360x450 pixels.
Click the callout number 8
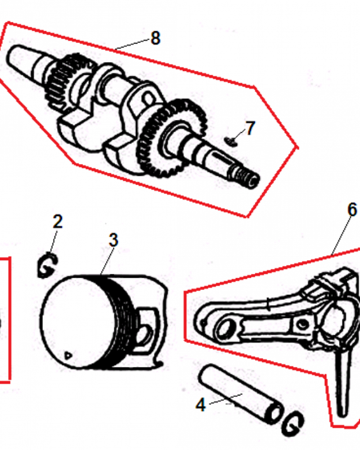click(155, 38)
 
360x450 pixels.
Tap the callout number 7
click(250, 128)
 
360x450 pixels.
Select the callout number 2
click(58, 221)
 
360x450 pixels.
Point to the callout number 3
click(114, 240)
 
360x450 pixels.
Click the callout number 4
click(201, 405)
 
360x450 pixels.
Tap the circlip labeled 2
click(47, 265)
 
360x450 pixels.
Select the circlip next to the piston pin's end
click(292, 423)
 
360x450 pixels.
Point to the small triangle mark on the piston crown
click(68, 355)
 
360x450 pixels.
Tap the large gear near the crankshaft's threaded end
click(171, 138)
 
